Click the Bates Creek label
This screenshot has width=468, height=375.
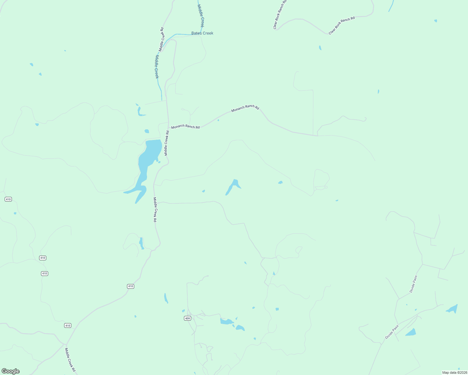pos(202,33)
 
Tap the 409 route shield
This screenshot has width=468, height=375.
pos(187,318)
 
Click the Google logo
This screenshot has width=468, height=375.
pos(11,371)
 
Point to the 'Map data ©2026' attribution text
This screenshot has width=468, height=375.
pos(455,372)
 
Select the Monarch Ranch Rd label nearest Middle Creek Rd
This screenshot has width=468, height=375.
pos(185,127)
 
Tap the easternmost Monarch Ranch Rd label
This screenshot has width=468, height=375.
pos(245,107)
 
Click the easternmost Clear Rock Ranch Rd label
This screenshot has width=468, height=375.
pos(342,25)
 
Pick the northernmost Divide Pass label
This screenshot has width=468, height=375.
pos(413,284)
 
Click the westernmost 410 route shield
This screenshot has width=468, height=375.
pos(8,199)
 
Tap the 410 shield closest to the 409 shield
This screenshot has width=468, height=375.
pos(130,286)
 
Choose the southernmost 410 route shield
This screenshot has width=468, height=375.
pos(68,326)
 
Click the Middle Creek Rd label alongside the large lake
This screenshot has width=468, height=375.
pos(167,143)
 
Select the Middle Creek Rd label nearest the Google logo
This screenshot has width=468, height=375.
pos(70,360)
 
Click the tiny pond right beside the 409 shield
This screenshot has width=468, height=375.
pos(183,311)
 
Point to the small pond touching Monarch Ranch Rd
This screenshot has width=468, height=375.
pos(218,120)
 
